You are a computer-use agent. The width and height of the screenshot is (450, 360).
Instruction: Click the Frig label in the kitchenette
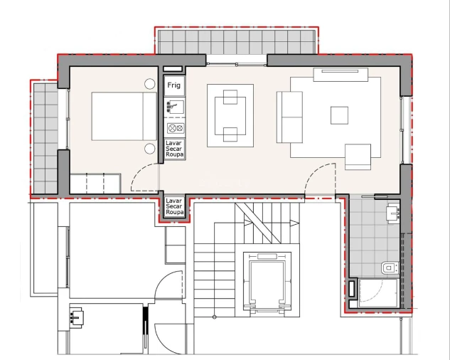pyautogui.click(x=174, y=85)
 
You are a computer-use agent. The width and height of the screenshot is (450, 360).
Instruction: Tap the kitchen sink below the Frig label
pyautogui.click(x=174, y=107)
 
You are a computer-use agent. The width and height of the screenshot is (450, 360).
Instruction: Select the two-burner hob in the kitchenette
pyautogui.click(x=175, y=128)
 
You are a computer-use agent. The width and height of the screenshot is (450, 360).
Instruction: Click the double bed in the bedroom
pyautogui.click(x=119, y=116)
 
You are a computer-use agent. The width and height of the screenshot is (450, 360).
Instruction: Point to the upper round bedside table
pyautogui.click(x=150, y=84)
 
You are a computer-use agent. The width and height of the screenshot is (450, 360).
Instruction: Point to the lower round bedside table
pyautogui.click(x=150, y=148)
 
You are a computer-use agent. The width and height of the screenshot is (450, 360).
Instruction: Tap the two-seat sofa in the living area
pyautogui.click(x=289, y=116)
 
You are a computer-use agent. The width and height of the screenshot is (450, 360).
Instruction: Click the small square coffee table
pyautogui.click(x=339, y=115)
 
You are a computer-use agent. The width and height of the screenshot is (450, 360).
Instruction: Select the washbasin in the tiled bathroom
pyautogui.click(x=392, y=212)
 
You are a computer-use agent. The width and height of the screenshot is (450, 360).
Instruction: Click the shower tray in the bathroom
pyautogui.click(x=378, y=292)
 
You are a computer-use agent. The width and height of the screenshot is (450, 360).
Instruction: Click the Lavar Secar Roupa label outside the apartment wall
pyautogui.click(x=174, y=207)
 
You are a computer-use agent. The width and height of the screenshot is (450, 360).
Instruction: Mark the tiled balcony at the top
pyautogui.click(x=236, y=41)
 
